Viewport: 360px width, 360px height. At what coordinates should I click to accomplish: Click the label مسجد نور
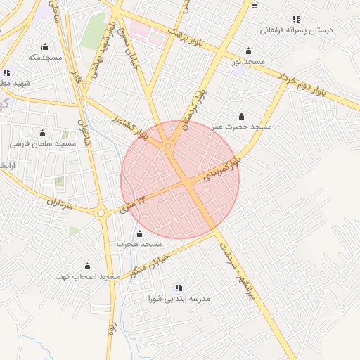pos(249,62)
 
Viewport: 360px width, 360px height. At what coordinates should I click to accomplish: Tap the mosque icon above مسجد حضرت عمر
pos(241,116)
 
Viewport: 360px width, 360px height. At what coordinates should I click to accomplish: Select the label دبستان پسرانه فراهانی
pos(295,30)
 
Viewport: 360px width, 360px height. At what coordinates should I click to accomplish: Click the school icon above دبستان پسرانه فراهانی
pos(296,19)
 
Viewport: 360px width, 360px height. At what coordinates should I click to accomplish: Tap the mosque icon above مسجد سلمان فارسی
pos(42,133)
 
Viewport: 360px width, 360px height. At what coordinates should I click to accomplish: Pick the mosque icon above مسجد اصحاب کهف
pos(88,266)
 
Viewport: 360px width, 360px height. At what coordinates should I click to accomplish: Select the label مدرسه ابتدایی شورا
pos(179,298)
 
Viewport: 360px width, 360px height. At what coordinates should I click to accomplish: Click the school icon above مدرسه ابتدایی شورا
pos(179,288)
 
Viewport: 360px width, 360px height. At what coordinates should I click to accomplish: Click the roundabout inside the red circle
pos(169,146)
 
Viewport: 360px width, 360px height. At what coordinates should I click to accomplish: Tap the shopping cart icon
pos(254,6)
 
